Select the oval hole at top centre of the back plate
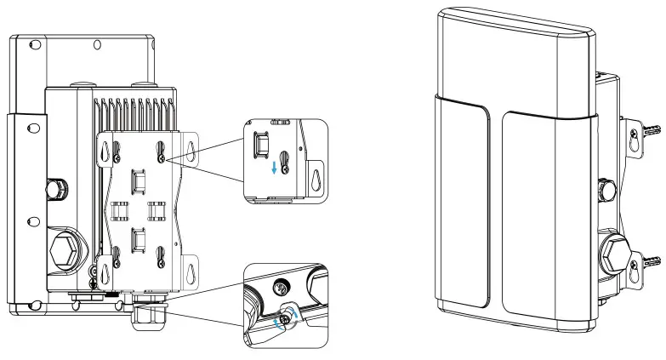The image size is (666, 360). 98,43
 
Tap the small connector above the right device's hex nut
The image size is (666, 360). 607,186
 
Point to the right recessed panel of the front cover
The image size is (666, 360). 543,209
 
